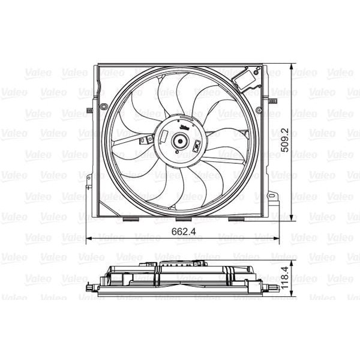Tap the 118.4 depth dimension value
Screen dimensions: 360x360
point(286,278)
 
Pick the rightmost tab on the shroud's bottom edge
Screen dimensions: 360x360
point(236,219)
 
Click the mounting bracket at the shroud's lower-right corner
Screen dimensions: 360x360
point(273,197)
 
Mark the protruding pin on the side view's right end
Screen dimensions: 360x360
point(274,288)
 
